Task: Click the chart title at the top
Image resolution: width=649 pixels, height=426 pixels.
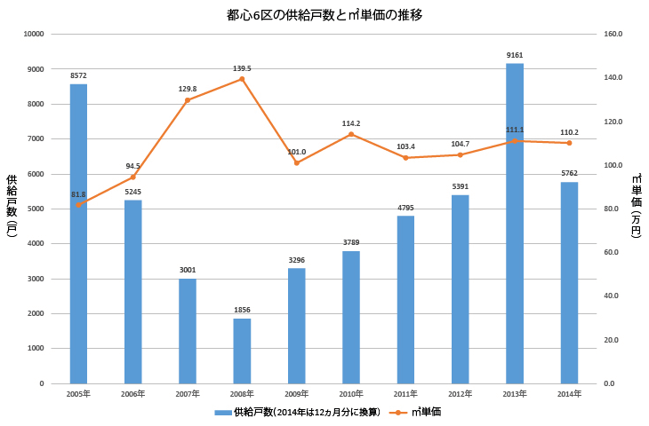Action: point(324,15)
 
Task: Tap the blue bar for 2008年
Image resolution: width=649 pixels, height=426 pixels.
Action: point(242,351)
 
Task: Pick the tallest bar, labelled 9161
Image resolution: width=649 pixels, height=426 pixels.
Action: point(515,223)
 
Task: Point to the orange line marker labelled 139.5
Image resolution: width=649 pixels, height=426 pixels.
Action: point(242,79)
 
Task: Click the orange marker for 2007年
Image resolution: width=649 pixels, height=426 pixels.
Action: point(188,100)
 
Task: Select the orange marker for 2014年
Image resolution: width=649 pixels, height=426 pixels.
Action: point(569,143)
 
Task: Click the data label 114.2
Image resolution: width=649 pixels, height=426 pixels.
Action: point(350,123)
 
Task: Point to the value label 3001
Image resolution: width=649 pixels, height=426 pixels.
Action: point(188,270)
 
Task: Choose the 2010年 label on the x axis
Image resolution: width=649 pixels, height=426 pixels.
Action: point(351,393)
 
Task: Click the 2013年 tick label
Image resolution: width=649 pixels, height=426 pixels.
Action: point(515,393)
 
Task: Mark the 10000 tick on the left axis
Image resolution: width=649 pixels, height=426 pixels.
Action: point(34,34)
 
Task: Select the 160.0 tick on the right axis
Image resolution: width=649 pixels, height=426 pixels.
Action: point(614,34)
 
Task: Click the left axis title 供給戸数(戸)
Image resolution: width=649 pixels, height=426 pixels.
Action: point(12,209)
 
